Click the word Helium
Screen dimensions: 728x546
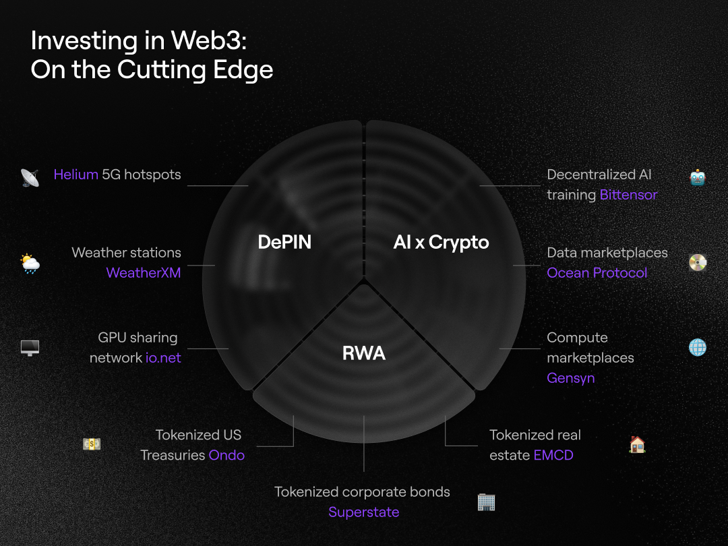coord(75,175)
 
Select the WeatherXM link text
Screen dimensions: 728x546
coord(144,272)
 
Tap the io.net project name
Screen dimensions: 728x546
coord(163,357)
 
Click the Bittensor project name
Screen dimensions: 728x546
coord(629,195)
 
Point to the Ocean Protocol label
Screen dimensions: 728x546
coord(597,272)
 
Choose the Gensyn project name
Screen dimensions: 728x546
coord(571,378)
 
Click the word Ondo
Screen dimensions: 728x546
coord(226,455)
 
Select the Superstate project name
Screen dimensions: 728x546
coord(364,512)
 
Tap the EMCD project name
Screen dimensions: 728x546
coord(553,455)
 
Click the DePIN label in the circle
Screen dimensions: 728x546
coord(284,242)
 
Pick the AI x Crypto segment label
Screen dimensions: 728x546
coord(441,243)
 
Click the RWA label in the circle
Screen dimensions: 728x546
coord(364,353)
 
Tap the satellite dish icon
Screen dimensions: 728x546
coord(30,177)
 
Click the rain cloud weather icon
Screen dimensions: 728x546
coord(30,264)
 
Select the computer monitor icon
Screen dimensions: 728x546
coord(30,348)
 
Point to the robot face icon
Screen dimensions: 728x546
coord(698,177)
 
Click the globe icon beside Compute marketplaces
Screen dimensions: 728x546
coord(698,347)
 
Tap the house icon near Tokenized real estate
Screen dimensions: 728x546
coord(637,444)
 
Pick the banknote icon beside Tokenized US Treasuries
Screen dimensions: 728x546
coord(92,444)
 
